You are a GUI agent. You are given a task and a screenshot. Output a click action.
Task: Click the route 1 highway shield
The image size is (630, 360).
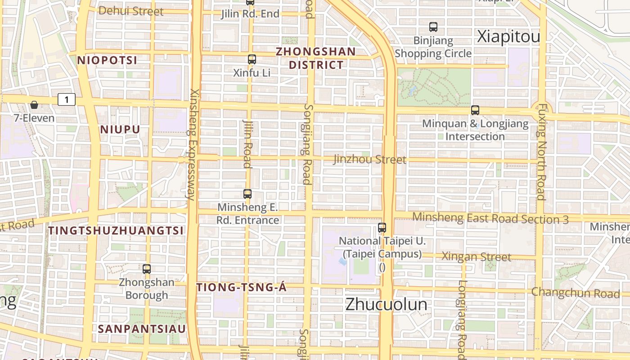tap(67, 99)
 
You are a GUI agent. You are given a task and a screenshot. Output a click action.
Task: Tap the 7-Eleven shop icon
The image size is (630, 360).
tap(34, 105)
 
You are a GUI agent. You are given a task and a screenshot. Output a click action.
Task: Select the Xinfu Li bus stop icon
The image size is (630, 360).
tap(252, 59)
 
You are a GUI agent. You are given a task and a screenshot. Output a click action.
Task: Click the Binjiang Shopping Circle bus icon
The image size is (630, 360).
tap(433, 27)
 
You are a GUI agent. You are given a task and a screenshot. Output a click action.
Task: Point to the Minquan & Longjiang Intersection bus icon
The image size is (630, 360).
tap(475, 110)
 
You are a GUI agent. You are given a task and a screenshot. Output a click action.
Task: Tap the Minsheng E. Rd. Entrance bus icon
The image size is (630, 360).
tap(247, 194)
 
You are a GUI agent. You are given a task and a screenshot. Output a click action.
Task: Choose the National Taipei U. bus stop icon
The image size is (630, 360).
tap(382, 228)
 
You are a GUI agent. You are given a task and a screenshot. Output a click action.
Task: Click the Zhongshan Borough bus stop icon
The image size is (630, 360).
tap(147, 269)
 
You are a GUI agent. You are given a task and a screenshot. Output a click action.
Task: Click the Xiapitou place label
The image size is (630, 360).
tap(508, 37)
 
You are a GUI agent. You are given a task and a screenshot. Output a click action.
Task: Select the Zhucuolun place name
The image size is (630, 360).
tap(386, 304)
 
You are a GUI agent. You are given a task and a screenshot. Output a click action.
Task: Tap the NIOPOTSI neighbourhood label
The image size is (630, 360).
tap(107, 60)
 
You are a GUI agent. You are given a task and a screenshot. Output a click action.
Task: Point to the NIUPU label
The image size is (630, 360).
tap(120, 130)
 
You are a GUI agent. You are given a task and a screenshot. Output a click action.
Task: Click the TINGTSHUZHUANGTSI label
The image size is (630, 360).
tap(116, 231)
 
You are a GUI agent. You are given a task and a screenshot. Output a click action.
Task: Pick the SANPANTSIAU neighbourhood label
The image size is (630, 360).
tap(142, 329)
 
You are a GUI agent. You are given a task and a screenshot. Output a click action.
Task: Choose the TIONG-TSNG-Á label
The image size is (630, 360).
tap(242, 288)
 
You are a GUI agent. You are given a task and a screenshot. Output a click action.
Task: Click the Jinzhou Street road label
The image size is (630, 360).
tap(369, 159)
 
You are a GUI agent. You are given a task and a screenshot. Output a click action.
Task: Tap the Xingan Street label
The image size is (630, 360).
tap(476, 257)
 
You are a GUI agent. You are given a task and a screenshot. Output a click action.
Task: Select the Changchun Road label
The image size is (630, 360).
tap(576, 292)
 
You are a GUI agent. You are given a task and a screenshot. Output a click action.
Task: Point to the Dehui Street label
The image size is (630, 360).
tap(130, 11)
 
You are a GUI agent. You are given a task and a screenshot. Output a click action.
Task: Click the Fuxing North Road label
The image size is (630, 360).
tap(542, 152)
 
